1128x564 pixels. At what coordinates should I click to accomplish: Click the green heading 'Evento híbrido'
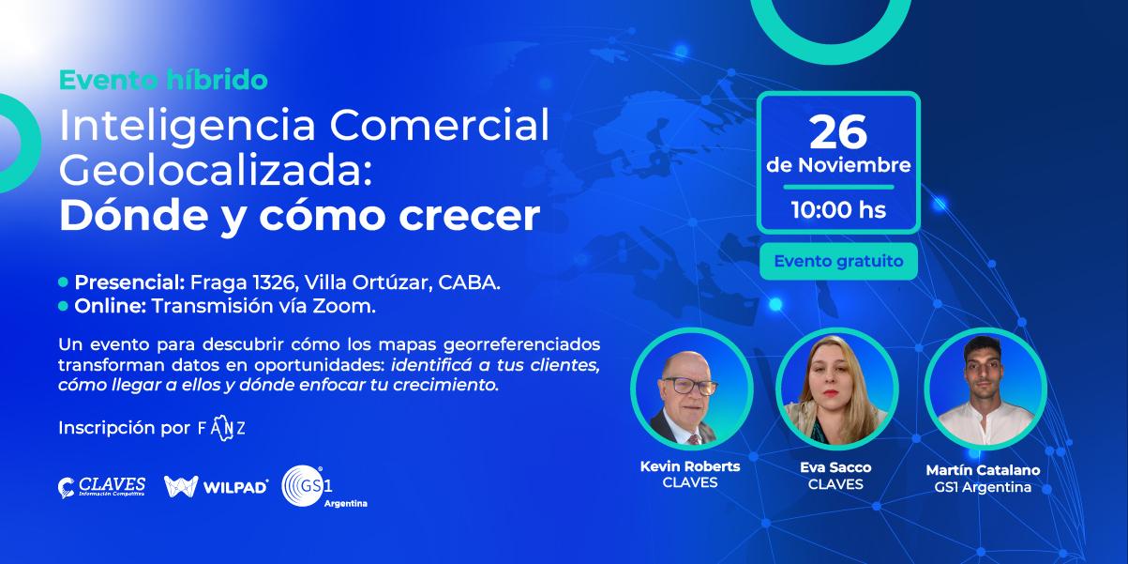pos(163,80)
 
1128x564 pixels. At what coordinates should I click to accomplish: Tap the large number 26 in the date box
pos(838,132)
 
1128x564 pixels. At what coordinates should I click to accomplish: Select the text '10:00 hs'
pos(838,210)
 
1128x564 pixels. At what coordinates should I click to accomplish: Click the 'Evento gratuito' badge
pos(838,261)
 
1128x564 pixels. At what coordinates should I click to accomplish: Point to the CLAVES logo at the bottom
pos(101,487)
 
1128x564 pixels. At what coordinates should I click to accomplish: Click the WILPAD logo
pos(216,486)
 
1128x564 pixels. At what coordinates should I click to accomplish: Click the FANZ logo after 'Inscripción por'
pos(221,428)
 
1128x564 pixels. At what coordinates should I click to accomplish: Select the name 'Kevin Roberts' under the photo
pos(690,466)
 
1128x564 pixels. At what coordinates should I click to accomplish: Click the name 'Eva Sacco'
pos(835,467)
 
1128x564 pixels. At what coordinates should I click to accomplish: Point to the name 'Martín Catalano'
pos(983,470)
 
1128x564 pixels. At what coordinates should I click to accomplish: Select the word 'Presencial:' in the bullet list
pos(130,282)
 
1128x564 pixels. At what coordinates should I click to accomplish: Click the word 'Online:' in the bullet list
pos(111,306)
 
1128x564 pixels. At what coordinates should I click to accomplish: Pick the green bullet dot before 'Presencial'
pos(63,282)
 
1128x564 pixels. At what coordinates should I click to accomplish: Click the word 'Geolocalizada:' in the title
pos(216,172)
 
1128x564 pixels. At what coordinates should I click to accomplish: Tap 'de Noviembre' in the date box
pos(838,165)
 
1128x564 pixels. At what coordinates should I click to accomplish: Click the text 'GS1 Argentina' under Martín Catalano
pos(983,487)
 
